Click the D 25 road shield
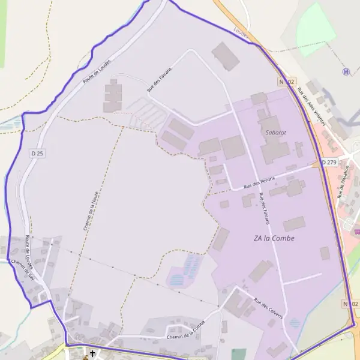(x=37, y=154)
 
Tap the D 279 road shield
(x=328, y=162)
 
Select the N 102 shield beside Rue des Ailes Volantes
(x=287, y=81)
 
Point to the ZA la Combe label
(x=274, y=238)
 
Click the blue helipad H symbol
(x=346, y=71)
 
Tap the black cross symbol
(x=92, y=354)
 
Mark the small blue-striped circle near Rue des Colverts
(x=294, y=322)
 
